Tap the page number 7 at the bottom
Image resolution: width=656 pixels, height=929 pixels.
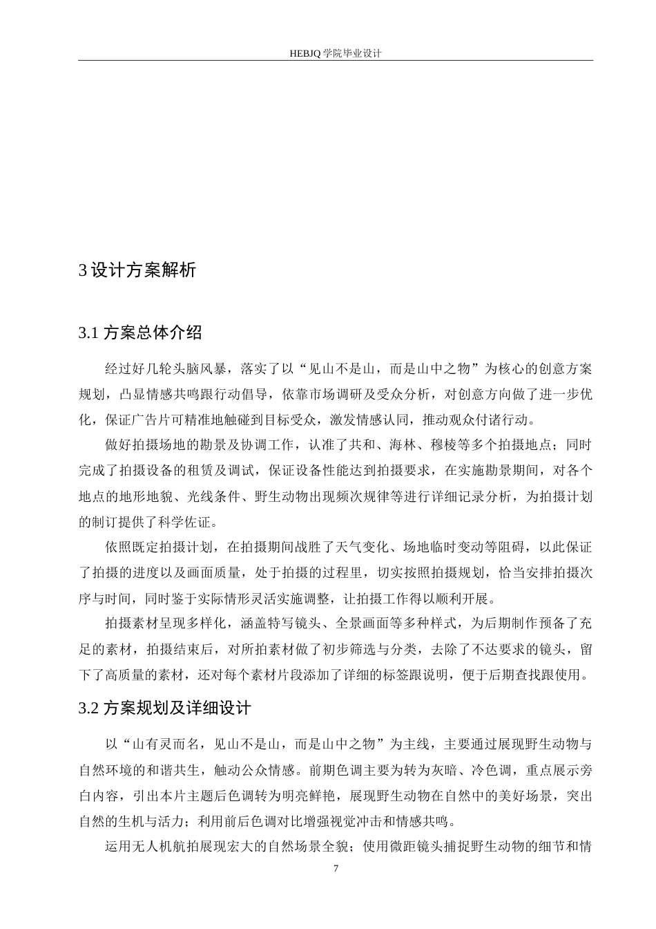pos(336,869)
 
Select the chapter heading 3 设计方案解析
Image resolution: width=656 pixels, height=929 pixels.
pos(137,270)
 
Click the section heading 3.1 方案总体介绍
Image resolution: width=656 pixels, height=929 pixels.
pos(140,332)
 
